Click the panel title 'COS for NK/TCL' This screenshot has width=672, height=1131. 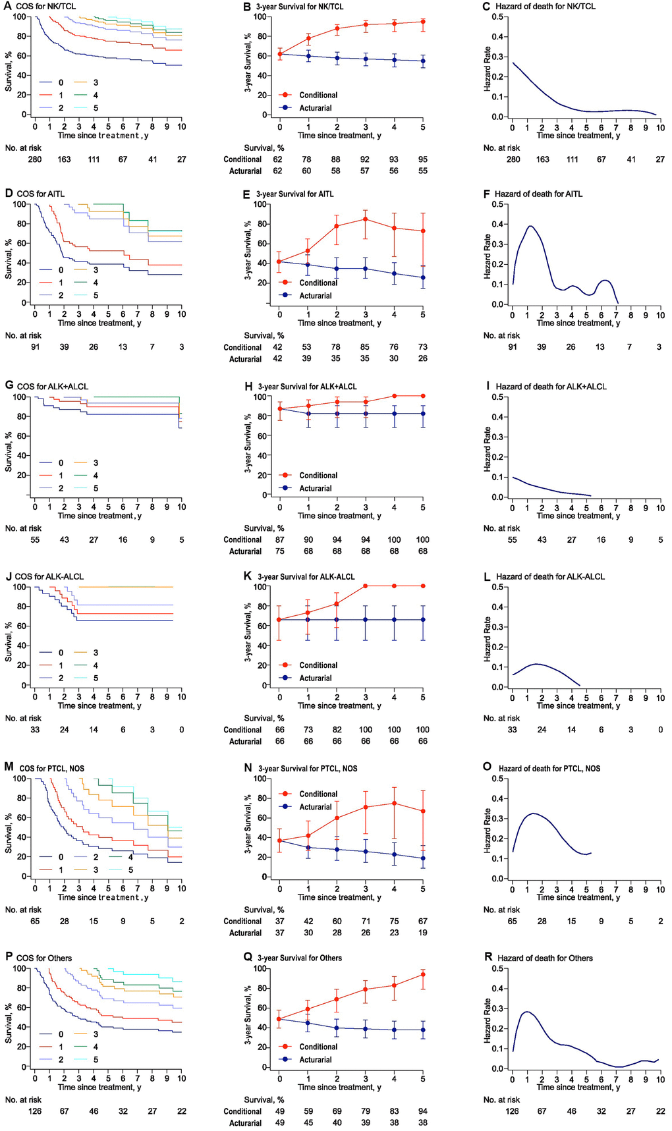point(47,7)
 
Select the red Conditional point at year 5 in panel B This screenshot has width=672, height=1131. point(423,22)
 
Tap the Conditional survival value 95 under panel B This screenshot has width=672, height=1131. point(423,159)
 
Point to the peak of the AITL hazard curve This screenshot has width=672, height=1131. point(530,227)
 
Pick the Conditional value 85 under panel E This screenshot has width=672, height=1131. point(366,347)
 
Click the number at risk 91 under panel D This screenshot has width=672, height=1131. point(35,347)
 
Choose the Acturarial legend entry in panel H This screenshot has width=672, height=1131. point(315,488)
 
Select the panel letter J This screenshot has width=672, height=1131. point(8,576)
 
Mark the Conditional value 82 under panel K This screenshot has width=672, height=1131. point(337,730)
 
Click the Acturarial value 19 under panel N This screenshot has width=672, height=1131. point(423,933)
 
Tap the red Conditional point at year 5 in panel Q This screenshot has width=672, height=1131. point(423,974)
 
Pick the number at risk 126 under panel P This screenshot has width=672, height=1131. point(35,1111)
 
